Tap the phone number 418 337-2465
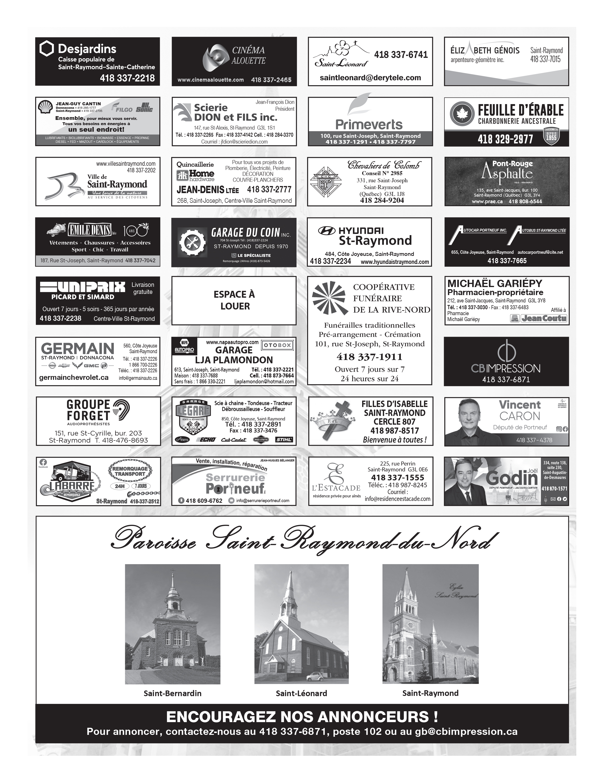point(271,80)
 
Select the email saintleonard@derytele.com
point(370,78)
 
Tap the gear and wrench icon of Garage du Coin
point(192,242)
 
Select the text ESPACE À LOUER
point(234,300)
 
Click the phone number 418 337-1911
point(369,357)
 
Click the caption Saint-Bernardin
point(173,693)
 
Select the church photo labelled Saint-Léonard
point(301,624)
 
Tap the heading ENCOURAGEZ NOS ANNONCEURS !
point(302,717)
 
